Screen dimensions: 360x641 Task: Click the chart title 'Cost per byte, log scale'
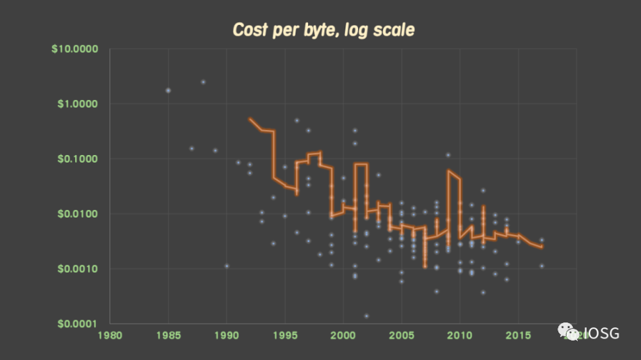(x=323, y=29)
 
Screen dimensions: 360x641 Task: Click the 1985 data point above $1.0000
(x=168, y=90)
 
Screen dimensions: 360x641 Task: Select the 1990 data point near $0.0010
(x=227, y=266)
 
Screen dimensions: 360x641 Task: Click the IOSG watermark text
(x=600, y=333)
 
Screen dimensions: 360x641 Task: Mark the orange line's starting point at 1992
(x=250, y=119)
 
